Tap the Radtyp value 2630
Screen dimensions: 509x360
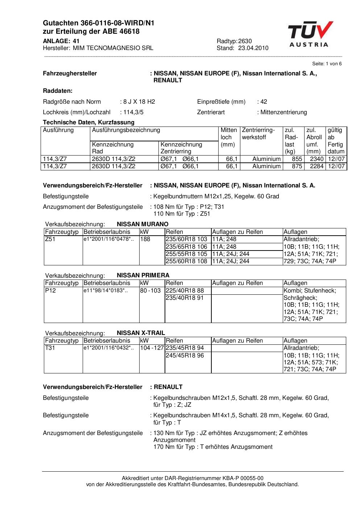245,41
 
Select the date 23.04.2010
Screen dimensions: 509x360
253,48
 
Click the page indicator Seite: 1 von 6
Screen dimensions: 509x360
327,64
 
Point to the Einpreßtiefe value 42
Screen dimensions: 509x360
264,102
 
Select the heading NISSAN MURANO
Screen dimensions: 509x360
142,224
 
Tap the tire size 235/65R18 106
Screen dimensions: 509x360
186,247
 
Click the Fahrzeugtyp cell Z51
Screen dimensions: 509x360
50,239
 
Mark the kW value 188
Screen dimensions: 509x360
145,239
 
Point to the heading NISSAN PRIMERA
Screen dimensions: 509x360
143,275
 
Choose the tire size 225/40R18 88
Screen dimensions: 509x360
185,290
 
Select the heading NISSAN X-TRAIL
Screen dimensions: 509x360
141,333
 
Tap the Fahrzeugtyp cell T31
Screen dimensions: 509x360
50,348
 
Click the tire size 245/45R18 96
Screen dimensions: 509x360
185,355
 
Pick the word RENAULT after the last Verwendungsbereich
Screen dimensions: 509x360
168,387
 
